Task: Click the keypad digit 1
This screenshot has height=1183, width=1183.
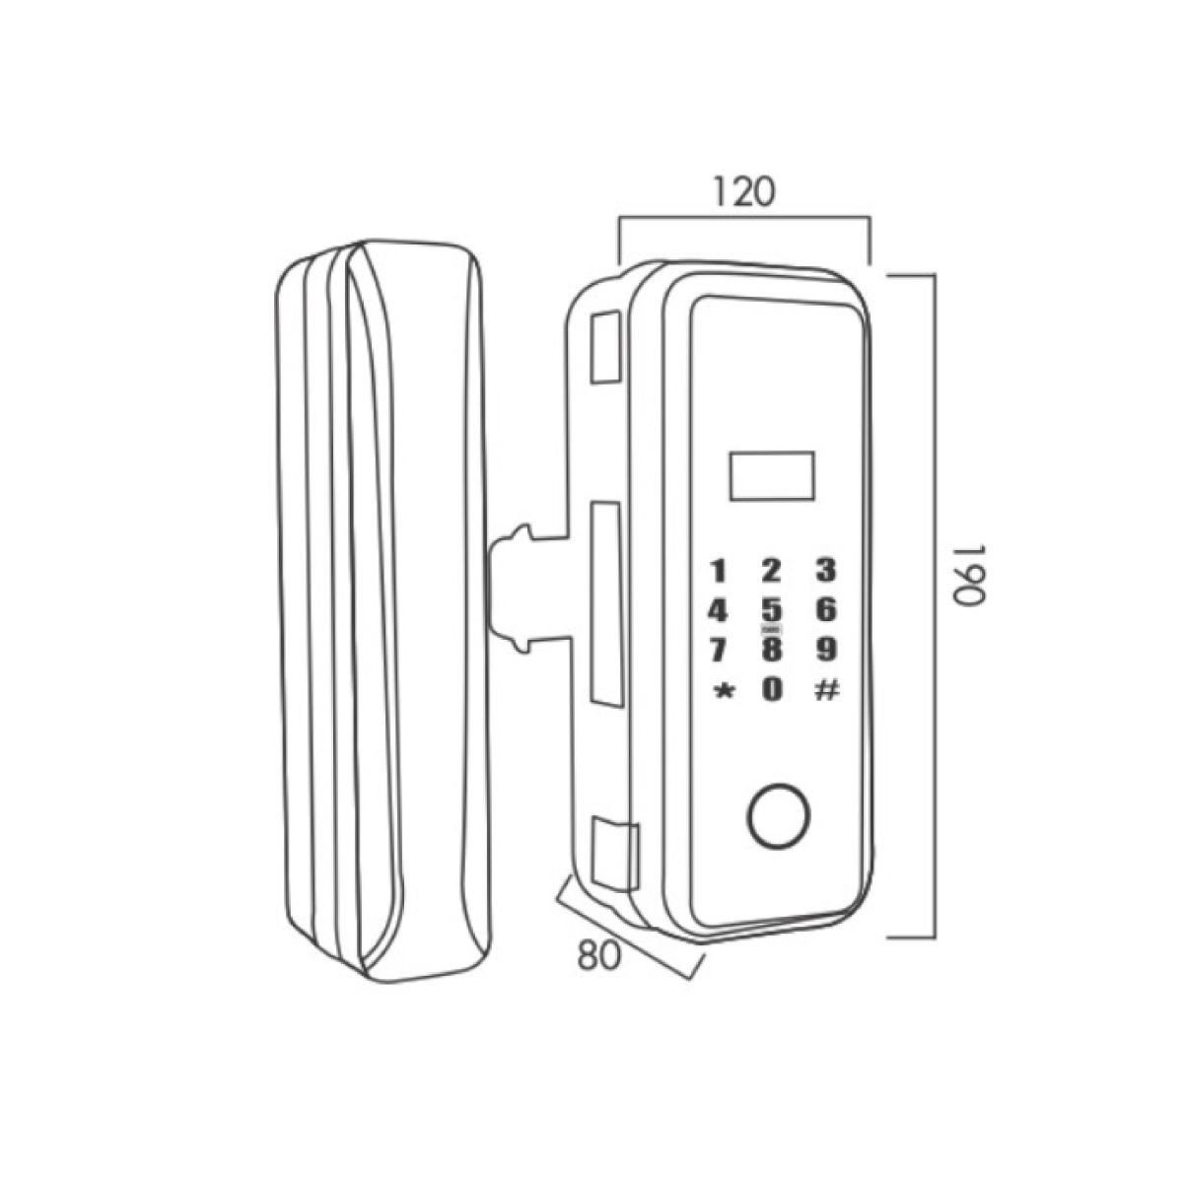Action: click(x=721, y=571)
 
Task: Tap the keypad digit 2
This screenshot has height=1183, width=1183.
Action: click(x=772, y=571)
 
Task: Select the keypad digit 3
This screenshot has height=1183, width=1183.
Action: click(x=826, y=571)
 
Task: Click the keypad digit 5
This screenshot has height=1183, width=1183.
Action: click(x=772, y=610)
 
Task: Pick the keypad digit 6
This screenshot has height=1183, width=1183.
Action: click(x=826, y=610)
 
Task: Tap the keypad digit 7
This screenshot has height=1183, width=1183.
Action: click(x=721, y=651)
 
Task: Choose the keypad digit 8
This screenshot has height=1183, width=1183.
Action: click(x=772, y=650)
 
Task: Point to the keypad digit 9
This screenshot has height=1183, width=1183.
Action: click(x=826, y=650)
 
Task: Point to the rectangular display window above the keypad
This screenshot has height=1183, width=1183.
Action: click(x=772, y=475)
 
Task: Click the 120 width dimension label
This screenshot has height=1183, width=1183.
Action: click(x=742, y=192)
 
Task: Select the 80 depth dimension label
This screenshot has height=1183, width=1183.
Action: click(x=600, y=954)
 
